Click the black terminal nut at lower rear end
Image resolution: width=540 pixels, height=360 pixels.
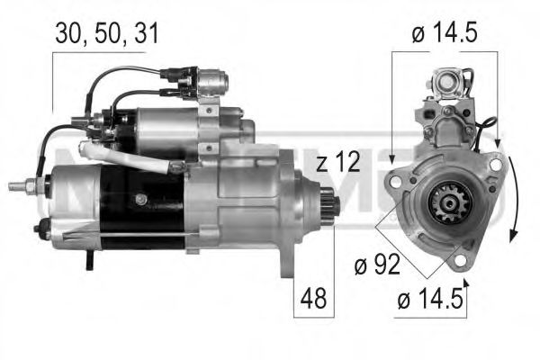pos(40,229)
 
